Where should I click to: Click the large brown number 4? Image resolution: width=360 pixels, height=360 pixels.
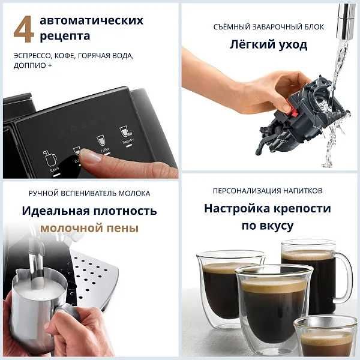click(23, 29)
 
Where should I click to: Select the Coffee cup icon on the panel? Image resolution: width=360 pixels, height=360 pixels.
click(101, 141)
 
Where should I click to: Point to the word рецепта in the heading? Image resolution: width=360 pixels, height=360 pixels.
click(65, 36)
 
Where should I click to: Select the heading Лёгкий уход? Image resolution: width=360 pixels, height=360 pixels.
click(268, 44)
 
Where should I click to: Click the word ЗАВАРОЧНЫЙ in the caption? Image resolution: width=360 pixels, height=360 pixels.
click(269, 27)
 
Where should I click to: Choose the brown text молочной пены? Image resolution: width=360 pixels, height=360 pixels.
click(89, 228)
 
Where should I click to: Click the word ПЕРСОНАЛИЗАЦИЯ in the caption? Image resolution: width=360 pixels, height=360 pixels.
click(243, 191)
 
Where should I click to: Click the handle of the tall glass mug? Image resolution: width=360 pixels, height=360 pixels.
click(344, 276)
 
